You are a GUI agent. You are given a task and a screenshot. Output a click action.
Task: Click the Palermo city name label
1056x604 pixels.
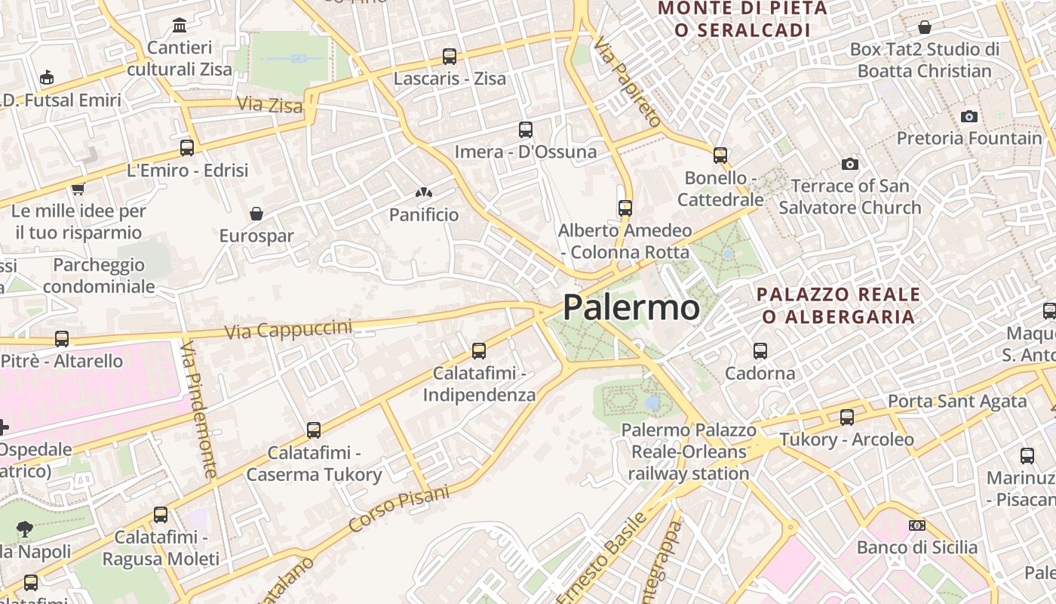pyautogui.click(x=631, y=307)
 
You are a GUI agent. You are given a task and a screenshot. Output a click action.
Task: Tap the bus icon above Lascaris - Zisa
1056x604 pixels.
pyautogui.click(x=450, y=56)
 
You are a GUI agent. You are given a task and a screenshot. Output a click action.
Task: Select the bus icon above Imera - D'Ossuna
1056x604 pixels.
pyautogui.click(x=526, y=129)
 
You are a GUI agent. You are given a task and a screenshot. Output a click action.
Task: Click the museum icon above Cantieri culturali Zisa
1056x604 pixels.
pyautogui.click(x=180, y=26)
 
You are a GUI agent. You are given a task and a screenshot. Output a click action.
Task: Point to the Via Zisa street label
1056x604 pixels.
pyautogui.click(x=269, y=104)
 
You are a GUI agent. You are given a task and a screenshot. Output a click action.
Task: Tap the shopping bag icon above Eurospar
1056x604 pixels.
pyautogui.click(x=256, y=214)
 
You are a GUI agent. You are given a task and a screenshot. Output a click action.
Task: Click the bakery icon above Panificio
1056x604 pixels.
pyautogui.click(x=424, y=193)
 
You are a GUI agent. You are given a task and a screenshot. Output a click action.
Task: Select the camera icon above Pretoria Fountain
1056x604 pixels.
pyautogui.click(x=969, y=116)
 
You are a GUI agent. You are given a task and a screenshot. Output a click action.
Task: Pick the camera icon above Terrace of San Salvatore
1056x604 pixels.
pyautogui.click(x=850, y=164)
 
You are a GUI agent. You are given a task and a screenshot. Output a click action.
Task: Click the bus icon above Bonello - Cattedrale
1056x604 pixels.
pyautogui.click(x=720, y=156)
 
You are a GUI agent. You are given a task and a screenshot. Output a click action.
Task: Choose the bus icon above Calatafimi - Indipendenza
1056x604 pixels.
pyautogui.click(x=479, y=350)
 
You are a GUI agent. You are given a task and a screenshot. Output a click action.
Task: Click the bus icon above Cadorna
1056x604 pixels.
pyautogui.click(x=760, y=351)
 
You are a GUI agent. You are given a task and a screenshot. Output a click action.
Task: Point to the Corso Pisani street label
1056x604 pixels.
pyautogui.click(x=399, y=508)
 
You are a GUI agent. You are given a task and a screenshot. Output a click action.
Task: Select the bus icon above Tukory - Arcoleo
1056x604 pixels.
pyautogui.click(x=847, y=417)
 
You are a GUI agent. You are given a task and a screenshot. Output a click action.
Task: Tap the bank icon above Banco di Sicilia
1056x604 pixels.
pyautogui.click(x=917, y=525)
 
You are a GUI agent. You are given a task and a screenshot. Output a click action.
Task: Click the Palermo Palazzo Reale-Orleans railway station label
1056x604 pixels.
pyautogui.click(x=689, y=451)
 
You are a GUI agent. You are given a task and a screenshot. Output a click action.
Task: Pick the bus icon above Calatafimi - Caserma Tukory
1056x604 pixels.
pyautogui.click(x=314, y=430)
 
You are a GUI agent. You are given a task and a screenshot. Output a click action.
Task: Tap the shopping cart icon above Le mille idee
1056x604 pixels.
pyautogui.click(x=78, y=189)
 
